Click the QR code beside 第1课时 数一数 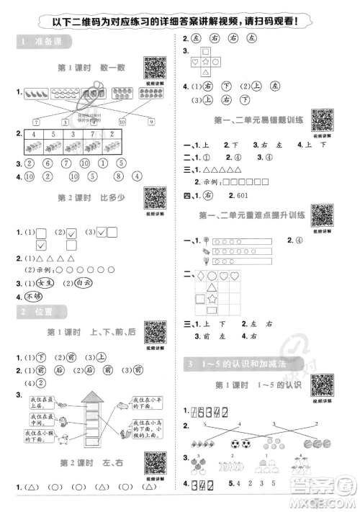click(155, 68)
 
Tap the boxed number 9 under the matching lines click(151, 122)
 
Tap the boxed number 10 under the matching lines click(121, 122)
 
